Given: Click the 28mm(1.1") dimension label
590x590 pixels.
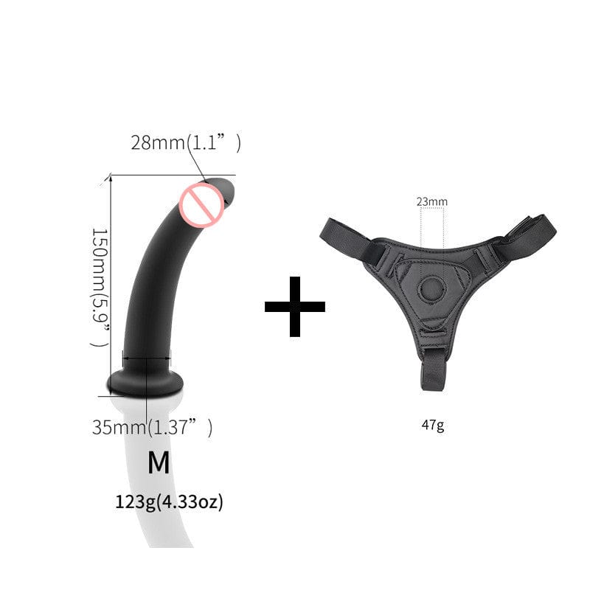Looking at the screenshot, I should click(x=185, y=143).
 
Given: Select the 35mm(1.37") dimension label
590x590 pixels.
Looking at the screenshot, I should click(x=152, y=427).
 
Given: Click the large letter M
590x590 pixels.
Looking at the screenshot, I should click(x=159, y=462).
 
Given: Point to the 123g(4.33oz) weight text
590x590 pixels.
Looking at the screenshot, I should click(x=169, y=502).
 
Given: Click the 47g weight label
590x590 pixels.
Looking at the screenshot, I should click(x=432, y=426).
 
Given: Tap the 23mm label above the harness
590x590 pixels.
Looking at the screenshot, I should click(x=431, y=201).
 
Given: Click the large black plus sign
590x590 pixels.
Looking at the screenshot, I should click(x=295, y=307).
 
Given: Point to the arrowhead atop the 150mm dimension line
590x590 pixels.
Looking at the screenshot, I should click(x=111, y=178).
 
